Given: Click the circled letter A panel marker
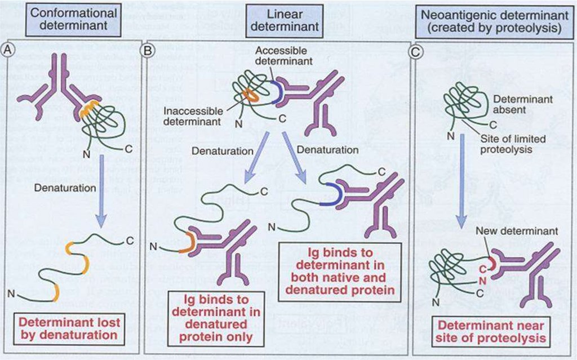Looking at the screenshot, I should point(8,49).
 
